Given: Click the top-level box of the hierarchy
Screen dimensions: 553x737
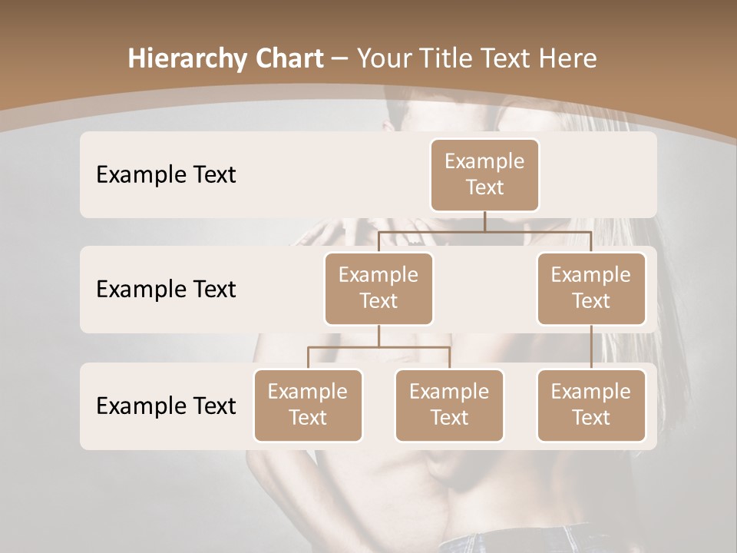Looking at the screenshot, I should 484,174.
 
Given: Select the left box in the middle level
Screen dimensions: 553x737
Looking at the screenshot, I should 378,288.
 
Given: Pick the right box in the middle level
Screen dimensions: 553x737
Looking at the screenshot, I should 591,288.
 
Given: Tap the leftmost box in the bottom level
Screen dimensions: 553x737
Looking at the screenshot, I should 308,405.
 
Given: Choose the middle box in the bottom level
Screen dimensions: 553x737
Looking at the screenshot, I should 449,405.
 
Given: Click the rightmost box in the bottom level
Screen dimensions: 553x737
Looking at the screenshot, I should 591,405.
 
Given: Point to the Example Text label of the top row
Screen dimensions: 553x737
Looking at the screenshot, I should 166,174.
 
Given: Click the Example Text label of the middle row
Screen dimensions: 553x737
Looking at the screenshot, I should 166,289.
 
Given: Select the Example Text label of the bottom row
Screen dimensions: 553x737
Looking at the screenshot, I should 166,406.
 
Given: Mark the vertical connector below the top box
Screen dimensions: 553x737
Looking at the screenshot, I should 484,221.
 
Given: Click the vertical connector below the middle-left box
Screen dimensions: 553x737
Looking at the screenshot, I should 378,336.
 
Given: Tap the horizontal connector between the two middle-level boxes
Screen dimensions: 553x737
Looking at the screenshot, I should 484,231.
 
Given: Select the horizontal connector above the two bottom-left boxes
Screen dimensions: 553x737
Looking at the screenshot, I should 378,347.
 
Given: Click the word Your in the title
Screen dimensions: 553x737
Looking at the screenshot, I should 384,59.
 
